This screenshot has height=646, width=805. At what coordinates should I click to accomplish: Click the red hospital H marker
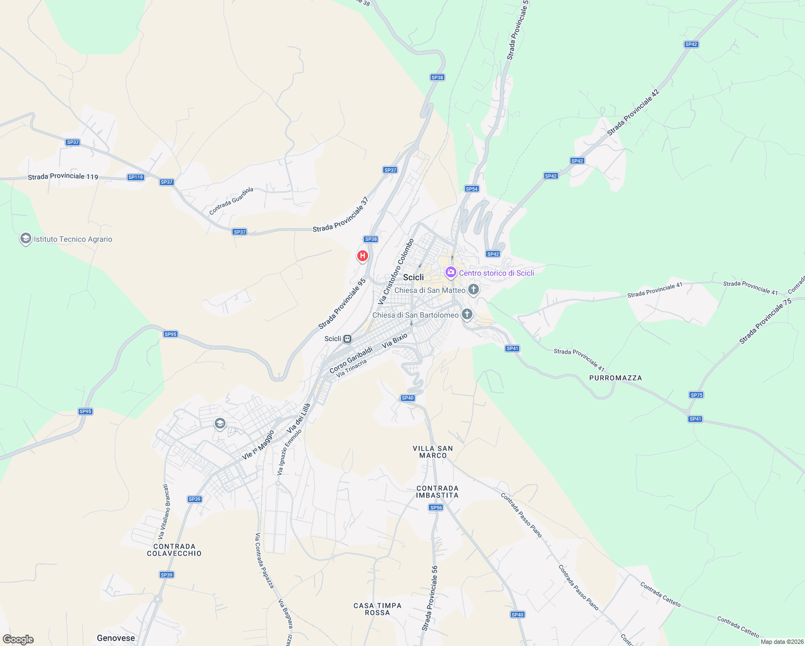363,256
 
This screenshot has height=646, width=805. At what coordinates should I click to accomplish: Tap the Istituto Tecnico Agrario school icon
25,238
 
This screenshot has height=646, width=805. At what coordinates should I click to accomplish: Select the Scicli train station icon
348,339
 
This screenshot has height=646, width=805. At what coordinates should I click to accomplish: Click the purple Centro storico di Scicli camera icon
451,272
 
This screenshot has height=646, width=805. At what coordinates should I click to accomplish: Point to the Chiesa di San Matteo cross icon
474,290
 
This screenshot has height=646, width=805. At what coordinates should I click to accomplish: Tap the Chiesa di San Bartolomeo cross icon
467,314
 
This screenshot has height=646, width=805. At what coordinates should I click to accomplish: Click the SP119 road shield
136,177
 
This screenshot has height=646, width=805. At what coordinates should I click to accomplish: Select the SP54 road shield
472,189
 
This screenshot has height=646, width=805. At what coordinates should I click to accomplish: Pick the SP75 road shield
696,395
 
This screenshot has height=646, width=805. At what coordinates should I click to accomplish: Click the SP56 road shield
436,508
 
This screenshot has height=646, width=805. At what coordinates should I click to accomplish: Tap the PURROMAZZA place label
616,378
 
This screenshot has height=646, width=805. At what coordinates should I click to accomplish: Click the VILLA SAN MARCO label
433,452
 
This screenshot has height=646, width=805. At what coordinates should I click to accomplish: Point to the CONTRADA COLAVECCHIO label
174,550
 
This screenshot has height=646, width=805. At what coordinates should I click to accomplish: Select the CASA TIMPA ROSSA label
377,609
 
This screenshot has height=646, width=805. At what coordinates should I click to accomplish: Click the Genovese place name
116,638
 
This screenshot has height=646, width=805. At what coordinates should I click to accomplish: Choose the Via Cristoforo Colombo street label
397,271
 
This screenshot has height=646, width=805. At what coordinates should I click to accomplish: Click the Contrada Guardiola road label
231,201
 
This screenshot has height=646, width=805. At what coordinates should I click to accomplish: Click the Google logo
18,640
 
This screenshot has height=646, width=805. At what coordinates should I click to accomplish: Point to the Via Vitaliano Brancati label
163,512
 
